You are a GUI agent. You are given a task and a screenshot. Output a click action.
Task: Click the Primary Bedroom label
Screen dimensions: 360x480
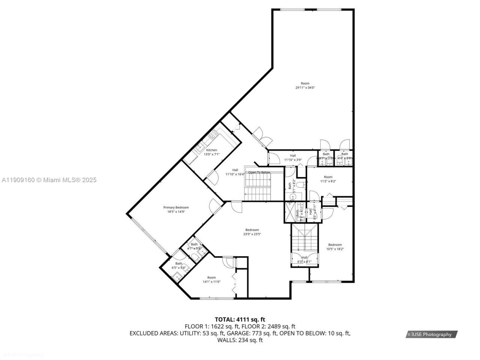(176, 207)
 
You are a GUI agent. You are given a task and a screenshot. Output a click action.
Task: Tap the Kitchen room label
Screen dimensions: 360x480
(211, 150)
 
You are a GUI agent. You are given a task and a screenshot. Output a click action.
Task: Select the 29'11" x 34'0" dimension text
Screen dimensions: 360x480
(305, 88)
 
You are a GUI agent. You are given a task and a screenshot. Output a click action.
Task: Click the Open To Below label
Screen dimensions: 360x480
(259, 172)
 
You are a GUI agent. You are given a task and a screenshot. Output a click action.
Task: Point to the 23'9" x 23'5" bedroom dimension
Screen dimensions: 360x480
(252, 234)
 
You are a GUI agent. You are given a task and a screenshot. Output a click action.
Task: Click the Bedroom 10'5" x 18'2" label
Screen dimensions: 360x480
(335, 244)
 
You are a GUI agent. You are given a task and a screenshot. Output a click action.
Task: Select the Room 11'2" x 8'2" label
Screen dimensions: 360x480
(328, 177)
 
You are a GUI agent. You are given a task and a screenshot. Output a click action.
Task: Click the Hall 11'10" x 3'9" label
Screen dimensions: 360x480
(293, 156)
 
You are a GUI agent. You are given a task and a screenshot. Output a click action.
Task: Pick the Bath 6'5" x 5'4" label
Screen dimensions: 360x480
(179, 264)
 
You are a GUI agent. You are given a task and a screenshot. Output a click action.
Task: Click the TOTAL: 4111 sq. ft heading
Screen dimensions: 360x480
(240, 319)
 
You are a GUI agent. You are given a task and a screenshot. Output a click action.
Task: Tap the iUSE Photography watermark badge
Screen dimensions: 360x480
(431, 334)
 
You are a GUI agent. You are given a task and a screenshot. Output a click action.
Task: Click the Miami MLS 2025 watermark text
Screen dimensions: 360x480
(49, 180)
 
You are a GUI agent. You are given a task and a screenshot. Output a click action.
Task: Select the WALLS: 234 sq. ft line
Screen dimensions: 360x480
(240, 340)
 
